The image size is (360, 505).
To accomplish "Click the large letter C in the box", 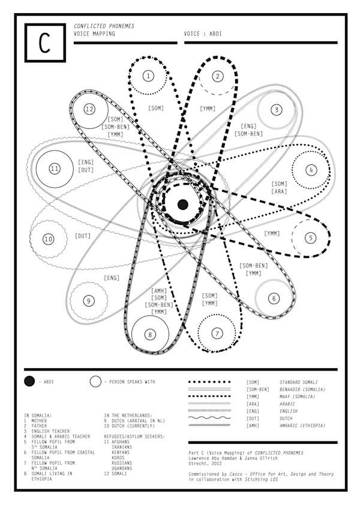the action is [x=44, y=43].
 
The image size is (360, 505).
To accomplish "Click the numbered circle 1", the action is [x=148, y=76].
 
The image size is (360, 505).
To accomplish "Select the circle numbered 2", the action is [x=218, y=76].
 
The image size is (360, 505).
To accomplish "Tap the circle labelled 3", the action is [x=275, y=110].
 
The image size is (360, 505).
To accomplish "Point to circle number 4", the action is [x=311, y=170].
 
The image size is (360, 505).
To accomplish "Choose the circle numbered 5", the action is [x=311, y=238].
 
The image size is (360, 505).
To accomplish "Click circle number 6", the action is [x=274, y=298].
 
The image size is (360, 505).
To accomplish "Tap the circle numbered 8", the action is [x=149, y=335].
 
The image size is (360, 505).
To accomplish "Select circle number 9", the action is [x=88, y=301].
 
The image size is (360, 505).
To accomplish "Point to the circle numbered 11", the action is [x=55, y=169].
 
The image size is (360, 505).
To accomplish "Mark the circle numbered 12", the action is [x=89, y=109].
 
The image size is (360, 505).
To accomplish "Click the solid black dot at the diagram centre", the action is [x=183, y=205].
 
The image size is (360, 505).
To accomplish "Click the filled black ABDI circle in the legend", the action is [x=29, y=381].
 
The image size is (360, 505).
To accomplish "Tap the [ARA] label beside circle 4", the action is [x=280, y=191].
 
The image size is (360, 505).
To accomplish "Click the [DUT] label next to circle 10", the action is [x=83, y=236].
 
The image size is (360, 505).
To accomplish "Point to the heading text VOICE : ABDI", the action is [x=204, y=34].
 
